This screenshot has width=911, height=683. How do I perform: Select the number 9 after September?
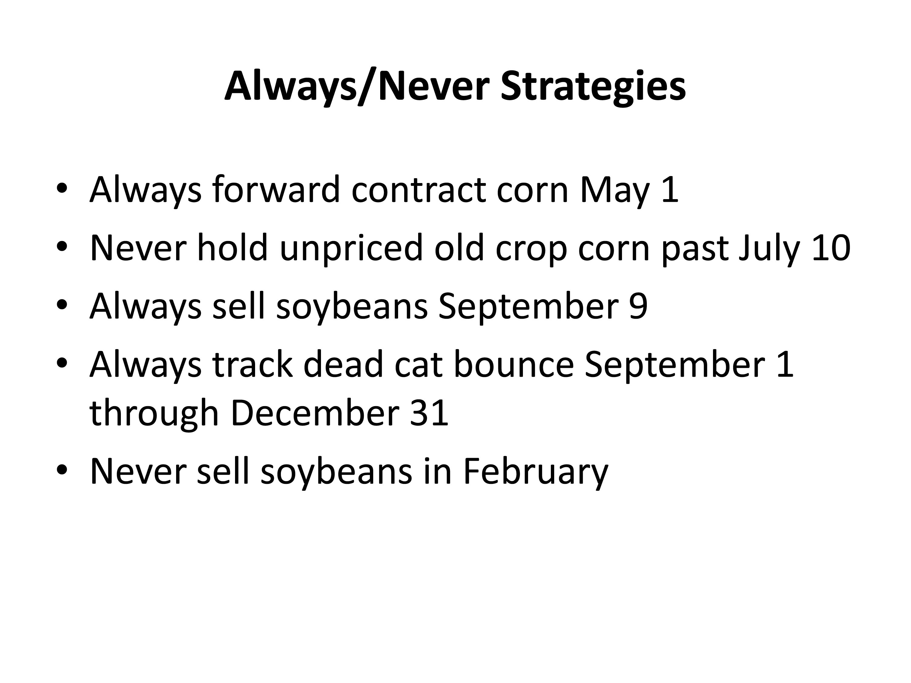pos(638,306)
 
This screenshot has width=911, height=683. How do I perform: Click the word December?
pos(315,413)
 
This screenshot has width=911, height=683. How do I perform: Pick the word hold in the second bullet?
pos(233,247)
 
